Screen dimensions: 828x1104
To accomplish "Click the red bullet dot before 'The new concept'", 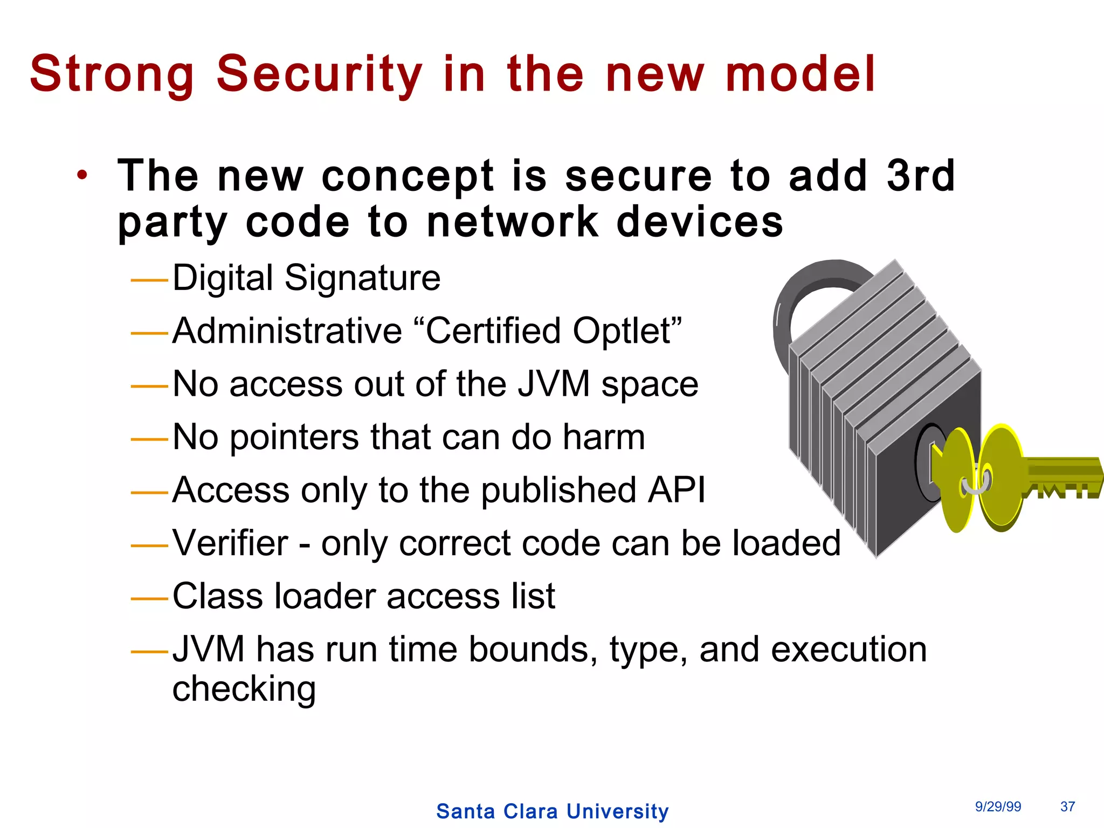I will (x=81, y=175).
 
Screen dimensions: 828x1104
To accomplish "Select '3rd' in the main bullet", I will (x=921, y=176).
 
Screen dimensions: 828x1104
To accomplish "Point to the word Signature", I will (x=362, y=278).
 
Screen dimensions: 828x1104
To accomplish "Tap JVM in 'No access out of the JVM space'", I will (x=554, y=384).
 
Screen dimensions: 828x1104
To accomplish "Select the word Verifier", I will (x=230, y=543).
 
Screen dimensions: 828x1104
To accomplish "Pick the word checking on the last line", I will (x=244, y=689).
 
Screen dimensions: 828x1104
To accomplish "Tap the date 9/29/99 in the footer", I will (x=998, y=806).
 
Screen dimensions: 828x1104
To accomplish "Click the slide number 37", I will (x=1067, y=806).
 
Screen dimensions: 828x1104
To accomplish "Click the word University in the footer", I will (x=617, y=811).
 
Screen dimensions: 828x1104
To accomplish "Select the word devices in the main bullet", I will (x=699, y=222).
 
